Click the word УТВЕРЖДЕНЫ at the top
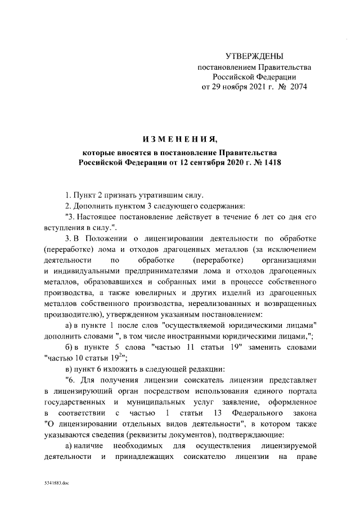[254, 56]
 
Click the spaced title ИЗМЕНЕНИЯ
[180, 139]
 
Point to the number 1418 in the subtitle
[269, 163]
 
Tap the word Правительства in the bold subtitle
[250, 152]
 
